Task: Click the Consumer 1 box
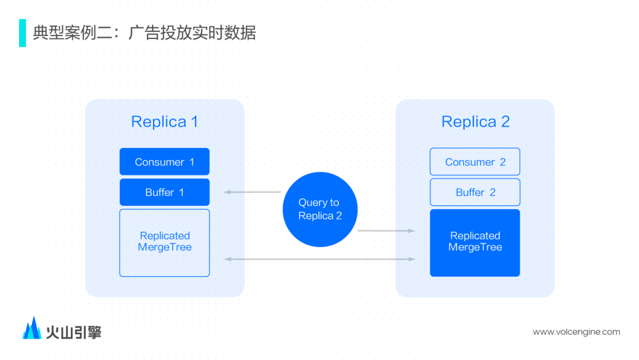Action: [x=164, y=162]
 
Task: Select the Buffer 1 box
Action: [x=164, y=192]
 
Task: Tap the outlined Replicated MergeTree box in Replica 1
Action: [x=164, y=243]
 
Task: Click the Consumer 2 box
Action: [x=475, y=162]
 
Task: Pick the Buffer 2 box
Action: [x=475, y=192]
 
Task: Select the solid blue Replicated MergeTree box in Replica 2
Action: [x=475, y=243]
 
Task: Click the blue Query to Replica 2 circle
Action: [x=320, y=210]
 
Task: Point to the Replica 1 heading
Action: [x=164, y=121]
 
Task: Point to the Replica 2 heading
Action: [x=475, y=121]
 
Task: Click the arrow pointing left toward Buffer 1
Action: [x=252, y=192]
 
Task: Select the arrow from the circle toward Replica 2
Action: [x=386, y=231]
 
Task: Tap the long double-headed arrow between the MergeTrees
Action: [x=320, y=259]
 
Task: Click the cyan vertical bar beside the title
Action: [x=22, y=33]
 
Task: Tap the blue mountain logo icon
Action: [x=32, y=329]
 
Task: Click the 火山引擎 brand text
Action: [x=74, y=332]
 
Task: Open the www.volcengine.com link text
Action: [x=576, y=332]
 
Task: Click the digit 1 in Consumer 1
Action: [x=192, y=162]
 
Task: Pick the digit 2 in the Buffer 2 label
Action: [x=493, y=192]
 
